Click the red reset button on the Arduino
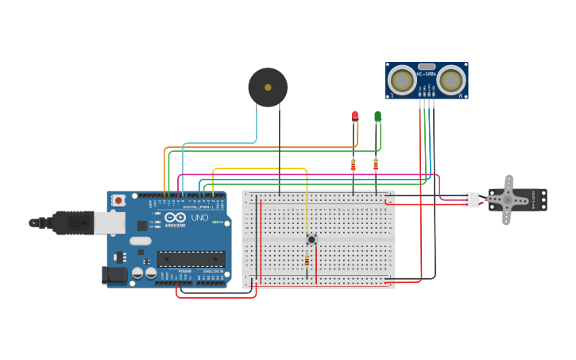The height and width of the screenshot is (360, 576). [118, 200]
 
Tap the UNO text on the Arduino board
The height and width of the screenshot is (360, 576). [199, 218]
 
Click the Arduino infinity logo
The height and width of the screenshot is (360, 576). [176, 217]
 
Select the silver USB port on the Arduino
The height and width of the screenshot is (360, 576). [109, 223]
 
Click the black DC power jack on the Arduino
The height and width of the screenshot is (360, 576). [114, 275]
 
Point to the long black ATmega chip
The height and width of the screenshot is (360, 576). [191, 258]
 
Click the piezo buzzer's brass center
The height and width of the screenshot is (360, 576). [268, 87]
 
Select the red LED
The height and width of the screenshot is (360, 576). [355, 116]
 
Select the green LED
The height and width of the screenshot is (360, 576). [377, 116]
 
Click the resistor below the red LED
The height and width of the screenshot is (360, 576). [354, 165]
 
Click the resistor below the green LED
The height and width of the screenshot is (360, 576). [376, 165]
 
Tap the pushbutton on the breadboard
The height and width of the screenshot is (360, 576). [311, 238]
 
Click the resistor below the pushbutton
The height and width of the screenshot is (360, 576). [307, 261]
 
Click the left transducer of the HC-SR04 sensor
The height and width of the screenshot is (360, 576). [402, 79]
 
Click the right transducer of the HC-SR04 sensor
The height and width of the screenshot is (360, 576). [451, 79]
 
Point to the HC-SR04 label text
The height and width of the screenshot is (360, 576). [427, 75]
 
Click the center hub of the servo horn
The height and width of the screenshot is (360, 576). [507, 200]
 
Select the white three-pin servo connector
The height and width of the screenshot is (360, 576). [470, 200]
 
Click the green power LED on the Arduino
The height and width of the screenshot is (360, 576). [215, 222]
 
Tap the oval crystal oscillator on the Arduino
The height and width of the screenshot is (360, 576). [140, 241]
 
